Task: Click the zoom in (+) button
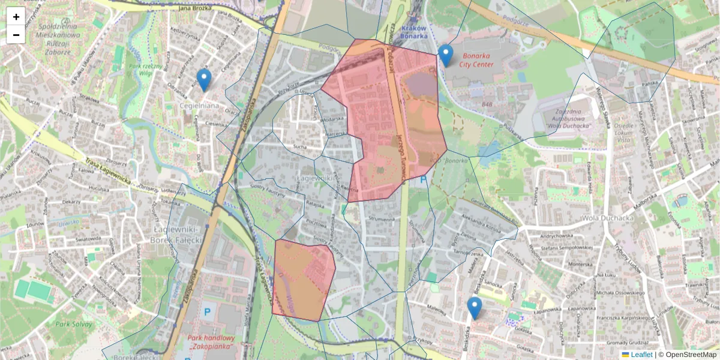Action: point(16,17)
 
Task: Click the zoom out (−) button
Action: point(16,35)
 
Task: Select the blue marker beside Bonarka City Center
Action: point(445,55)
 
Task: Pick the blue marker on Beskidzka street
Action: point(475,308)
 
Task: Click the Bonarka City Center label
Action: point(476,60)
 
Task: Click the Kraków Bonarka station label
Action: point(414,32)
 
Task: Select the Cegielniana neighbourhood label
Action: point(200,105)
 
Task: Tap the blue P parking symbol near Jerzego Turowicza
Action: point(424,179)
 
